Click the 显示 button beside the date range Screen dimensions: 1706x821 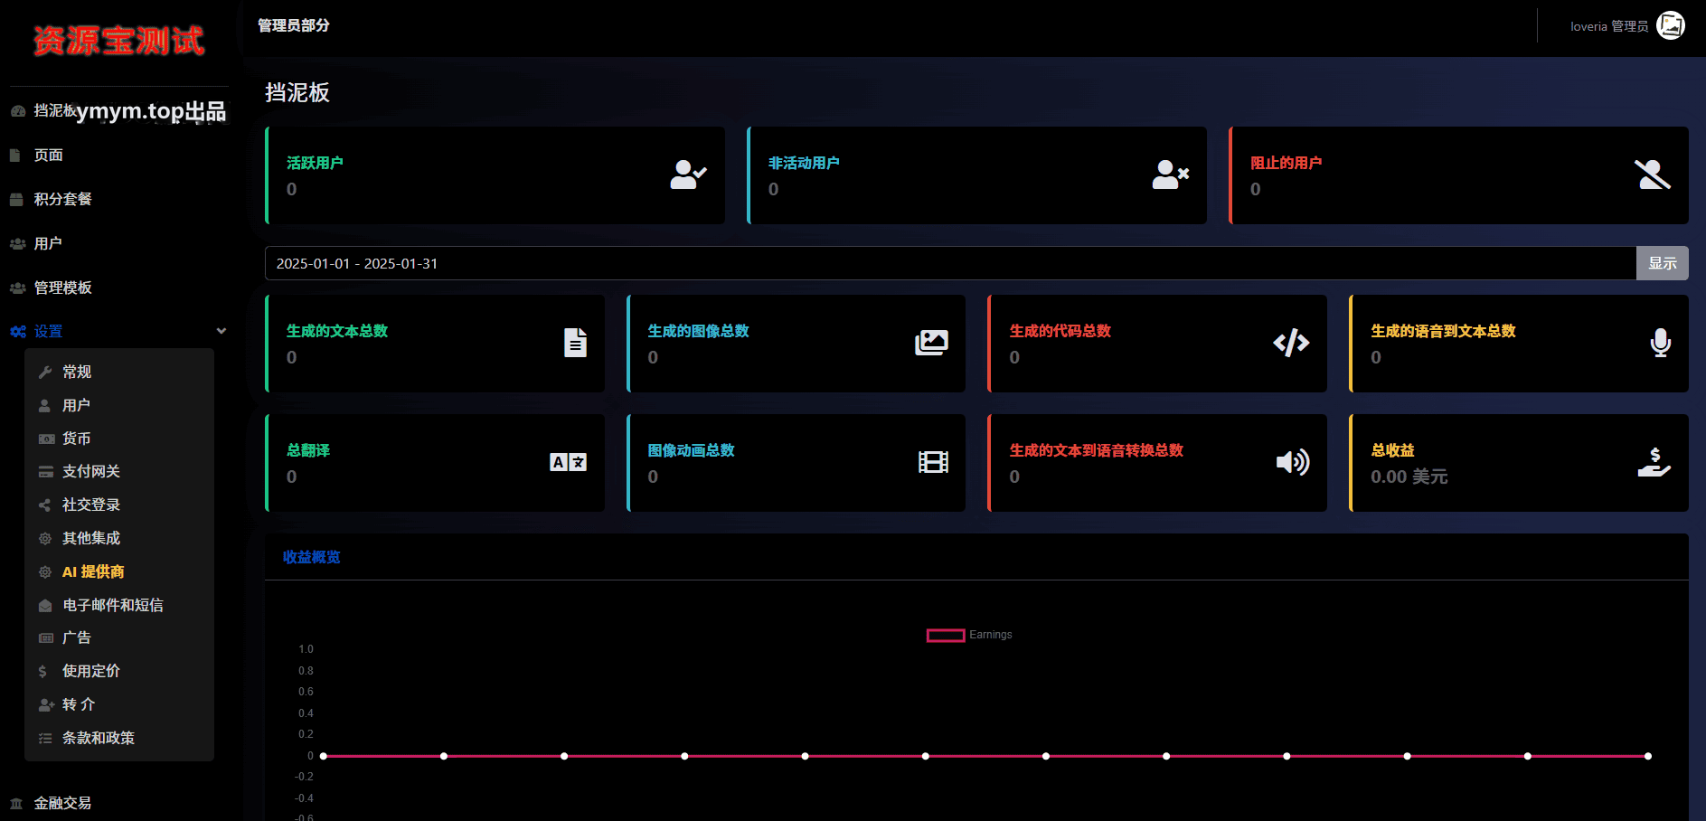1662,263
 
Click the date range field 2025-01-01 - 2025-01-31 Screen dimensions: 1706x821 950,263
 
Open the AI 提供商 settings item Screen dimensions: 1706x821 93,571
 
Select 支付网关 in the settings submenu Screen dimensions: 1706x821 90,471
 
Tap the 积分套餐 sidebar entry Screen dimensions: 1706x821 62,199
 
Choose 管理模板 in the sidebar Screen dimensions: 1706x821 62,288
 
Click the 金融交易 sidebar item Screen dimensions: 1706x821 62,803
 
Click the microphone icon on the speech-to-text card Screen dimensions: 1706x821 1660,343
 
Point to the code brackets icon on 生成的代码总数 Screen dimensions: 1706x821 1291,343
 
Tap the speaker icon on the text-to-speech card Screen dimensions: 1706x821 1292,462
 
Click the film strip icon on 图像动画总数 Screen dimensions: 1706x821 933,462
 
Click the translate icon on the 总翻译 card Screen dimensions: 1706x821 568,462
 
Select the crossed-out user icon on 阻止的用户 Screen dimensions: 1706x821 1653,175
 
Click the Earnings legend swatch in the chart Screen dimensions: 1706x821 946,636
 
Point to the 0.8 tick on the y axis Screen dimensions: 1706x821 306,671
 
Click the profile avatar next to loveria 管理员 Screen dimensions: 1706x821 1671,25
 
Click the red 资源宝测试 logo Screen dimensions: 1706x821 118,41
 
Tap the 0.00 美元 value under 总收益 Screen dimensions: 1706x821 1409,477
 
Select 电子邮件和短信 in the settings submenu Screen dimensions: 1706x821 112,605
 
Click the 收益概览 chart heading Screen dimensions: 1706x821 311,557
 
